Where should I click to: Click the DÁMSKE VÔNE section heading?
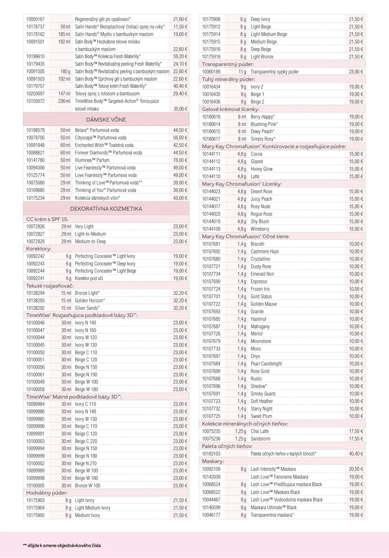[x=106, y=120]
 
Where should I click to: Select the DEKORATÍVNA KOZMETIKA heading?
[x=106, y=209]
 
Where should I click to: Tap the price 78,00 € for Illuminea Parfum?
[x=180, y=160]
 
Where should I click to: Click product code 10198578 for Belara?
[x=35, y=130]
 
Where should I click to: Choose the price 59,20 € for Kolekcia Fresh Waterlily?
[x=180, y=57]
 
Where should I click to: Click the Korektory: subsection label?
[x=39, y=249]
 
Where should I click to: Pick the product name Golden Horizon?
[x=90, y=301]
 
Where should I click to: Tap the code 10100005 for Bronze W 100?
[x=35, y=486]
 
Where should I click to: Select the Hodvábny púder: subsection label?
[x=47, y=493]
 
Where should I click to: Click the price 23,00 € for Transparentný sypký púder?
[x=356, y=72]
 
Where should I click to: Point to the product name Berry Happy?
[x=262, y=117]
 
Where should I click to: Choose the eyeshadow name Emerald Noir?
[x=262, y=274]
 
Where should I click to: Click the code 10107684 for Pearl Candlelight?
[x=211, y=364]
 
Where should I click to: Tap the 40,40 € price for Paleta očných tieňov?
[x=356, y=454]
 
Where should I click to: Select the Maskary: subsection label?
[x=213, y=461]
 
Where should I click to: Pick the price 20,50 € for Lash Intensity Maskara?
[x=356, y=469]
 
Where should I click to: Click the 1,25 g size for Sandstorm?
[x=241, y=439]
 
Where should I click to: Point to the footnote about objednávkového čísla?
[x=62, y=545]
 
